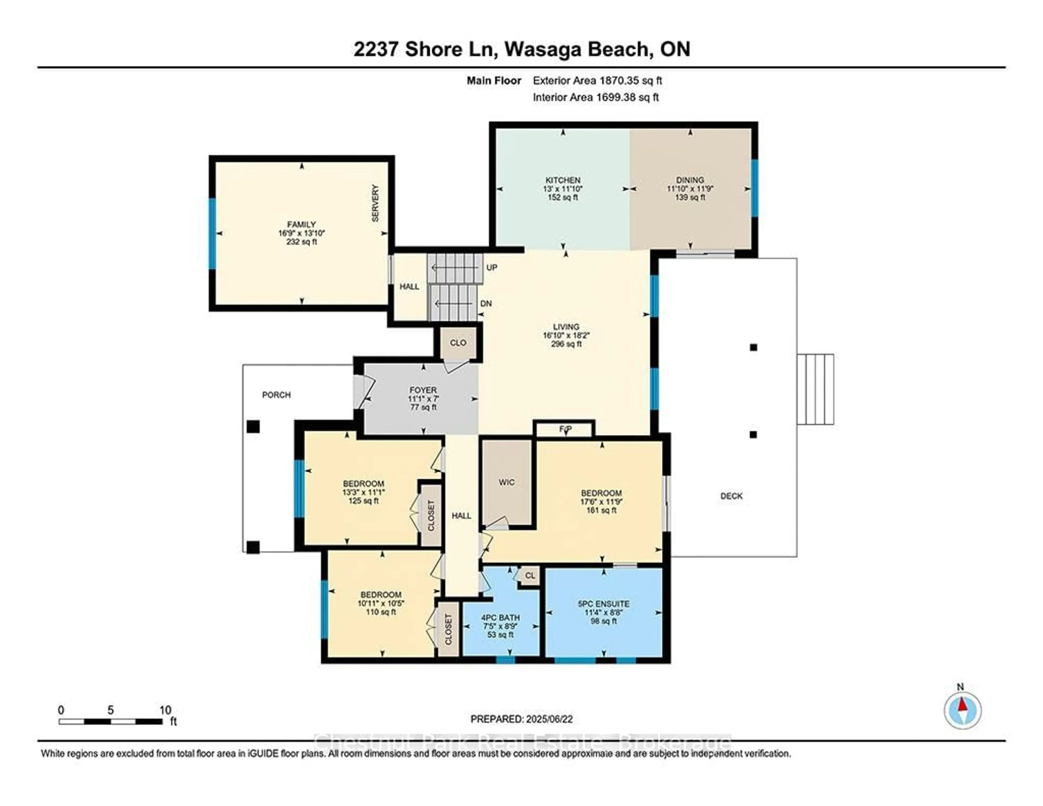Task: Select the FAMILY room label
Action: pos(301,224)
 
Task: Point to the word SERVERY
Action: pos(375,203)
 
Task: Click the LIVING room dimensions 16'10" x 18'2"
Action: pos(566,335)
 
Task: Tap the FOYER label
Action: pos(423,390)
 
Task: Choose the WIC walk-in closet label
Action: pos(506,482)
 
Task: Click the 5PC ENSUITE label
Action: pos(603,604)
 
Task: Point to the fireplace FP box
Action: pos(565,429)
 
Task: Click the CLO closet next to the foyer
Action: pos(458,343)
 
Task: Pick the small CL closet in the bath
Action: pos(530,576)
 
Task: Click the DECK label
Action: pos(731,496)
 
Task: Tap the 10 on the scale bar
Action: pos(165,710)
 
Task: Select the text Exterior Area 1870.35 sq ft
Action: pos(597,81)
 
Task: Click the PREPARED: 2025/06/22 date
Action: pos(521,719)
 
